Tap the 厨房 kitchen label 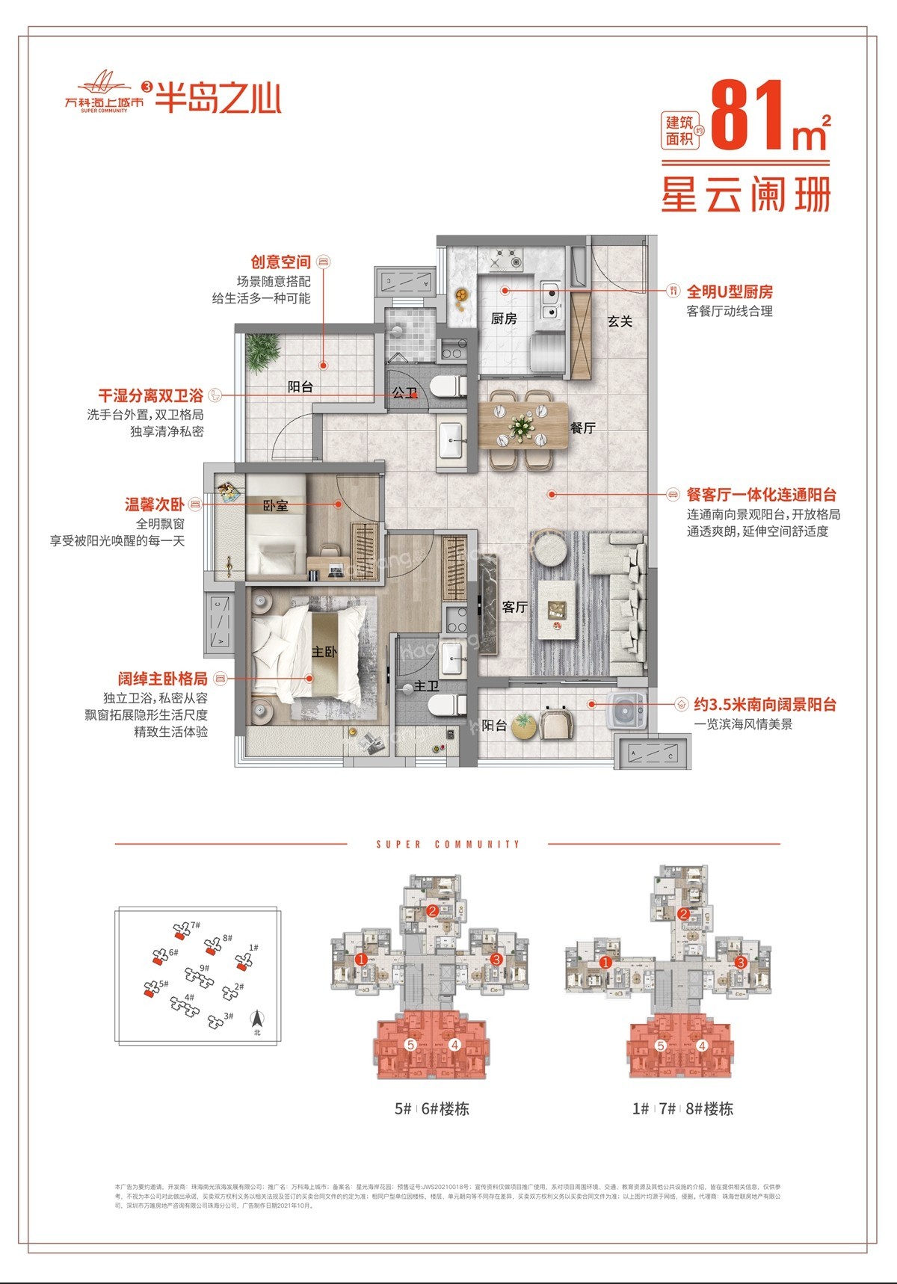tap(504, 318)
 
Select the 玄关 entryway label tap(620, 321)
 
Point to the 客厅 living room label tap(515, 607)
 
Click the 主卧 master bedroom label tap(324, 652)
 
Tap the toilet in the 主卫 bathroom tap(451, 703)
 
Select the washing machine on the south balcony tap(626, 709)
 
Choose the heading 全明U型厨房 tap(729, 291)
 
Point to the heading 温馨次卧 tap(154, 504)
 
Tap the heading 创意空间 tap(280, 262)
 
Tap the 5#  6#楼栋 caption tap(431, 1109)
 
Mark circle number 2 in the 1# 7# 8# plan tap(683, 914)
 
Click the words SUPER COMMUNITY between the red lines tap(448, 845)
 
